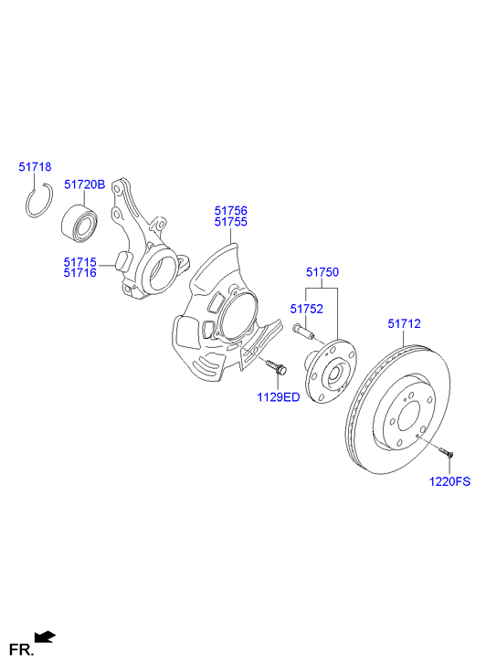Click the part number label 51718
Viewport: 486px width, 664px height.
tap(36, 167)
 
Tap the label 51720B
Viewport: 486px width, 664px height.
tap(84, 184)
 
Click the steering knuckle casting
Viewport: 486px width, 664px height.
tap(142, 251)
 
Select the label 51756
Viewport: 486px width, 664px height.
tap(230, 210)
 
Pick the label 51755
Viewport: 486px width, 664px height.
tap(230, 222)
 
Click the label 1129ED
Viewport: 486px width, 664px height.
tap(277, 396)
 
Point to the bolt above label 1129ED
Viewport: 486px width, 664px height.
tap(276, 367)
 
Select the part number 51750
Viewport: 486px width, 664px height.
tap(322, 272)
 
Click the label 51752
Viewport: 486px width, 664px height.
tap(307, 309)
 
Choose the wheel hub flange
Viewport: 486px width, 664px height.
tap(331, 373)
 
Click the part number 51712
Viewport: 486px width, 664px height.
tap(404, 322)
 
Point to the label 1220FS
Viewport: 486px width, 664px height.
tap(449, 481)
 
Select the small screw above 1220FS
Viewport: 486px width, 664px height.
tap(445, 450)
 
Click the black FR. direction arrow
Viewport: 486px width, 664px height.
tap(44, 636)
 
